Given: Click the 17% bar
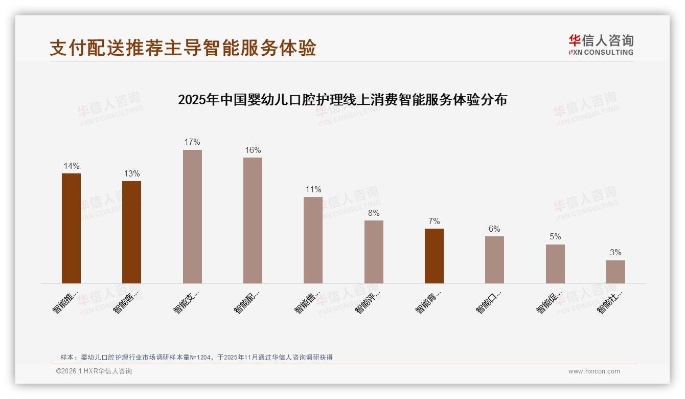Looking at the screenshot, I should [x=192, y=216].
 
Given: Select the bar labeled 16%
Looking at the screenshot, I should [x=253, y=220].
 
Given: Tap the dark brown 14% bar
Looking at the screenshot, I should [x=71, y=228].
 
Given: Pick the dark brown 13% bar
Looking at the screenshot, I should [x=131, y=232].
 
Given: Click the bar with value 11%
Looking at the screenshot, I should [x=313, y=240].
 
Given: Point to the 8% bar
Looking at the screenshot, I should [x=374, y=252].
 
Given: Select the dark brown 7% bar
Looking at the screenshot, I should [x=434, y=256].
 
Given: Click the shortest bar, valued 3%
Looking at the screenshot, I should [x=615, y=272].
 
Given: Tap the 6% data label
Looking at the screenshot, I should [x=494, y=229].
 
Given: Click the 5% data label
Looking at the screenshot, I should [x=555, y=236].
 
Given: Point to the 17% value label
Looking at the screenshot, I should [x=192, y=142].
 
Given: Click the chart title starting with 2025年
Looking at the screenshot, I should [x=342, y=100].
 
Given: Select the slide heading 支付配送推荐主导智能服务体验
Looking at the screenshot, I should [x=183, y=48].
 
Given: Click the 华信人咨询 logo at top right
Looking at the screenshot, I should [x=601, y=45].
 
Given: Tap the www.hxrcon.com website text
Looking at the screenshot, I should [x=594, y=371].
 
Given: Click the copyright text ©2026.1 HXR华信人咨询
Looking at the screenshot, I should [x=94, y=371].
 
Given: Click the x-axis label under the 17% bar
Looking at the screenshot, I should [x=186, y=302].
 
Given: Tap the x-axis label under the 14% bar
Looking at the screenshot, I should [x=65, y=302].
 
